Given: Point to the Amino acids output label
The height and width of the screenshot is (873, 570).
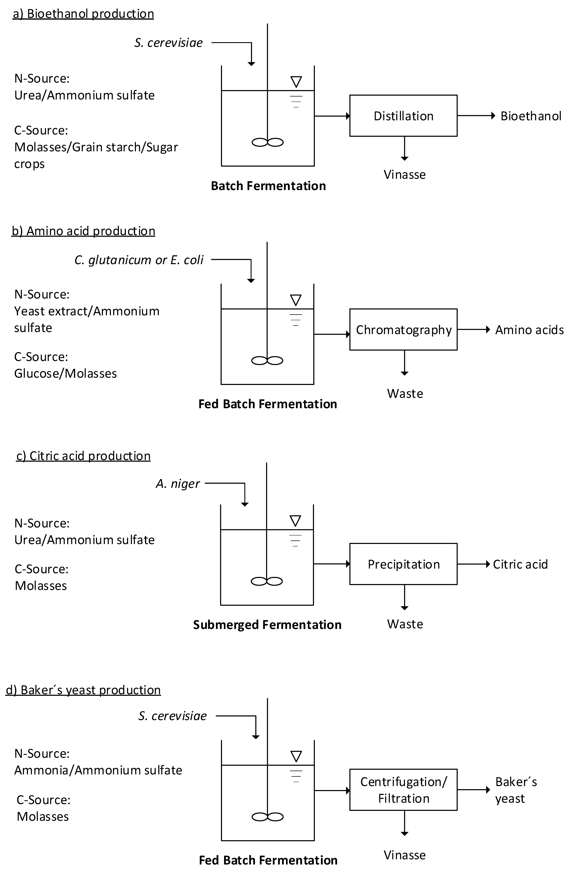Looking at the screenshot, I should (x=529, y=330).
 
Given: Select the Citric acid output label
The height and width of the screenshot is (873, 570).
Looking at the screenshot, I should (x=520, y=564).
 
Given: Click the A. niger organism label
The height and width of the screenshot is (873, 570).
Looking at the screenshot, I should (x=178, y=484).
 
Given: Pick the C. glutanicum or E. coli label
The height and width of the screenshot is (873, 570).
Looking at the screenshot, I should (x=139, y=260).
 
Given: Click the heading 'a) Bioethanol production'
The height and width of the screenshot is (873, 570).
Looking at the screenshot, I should (x=83, y=14).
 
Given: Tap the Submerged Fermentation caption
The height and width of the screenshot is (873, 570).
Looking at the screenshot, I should (x=267, y=625).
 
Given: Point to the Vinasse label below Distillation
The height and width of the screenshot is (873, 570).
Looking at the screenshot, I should (x=405, y=175).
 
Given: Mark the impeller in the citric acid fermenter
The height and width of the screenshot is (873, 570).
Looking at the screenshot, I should (x=267, y=581).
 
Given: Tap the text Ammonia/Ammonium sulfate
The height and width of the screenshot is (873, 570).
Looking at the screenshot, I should (x=98, y=770).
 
